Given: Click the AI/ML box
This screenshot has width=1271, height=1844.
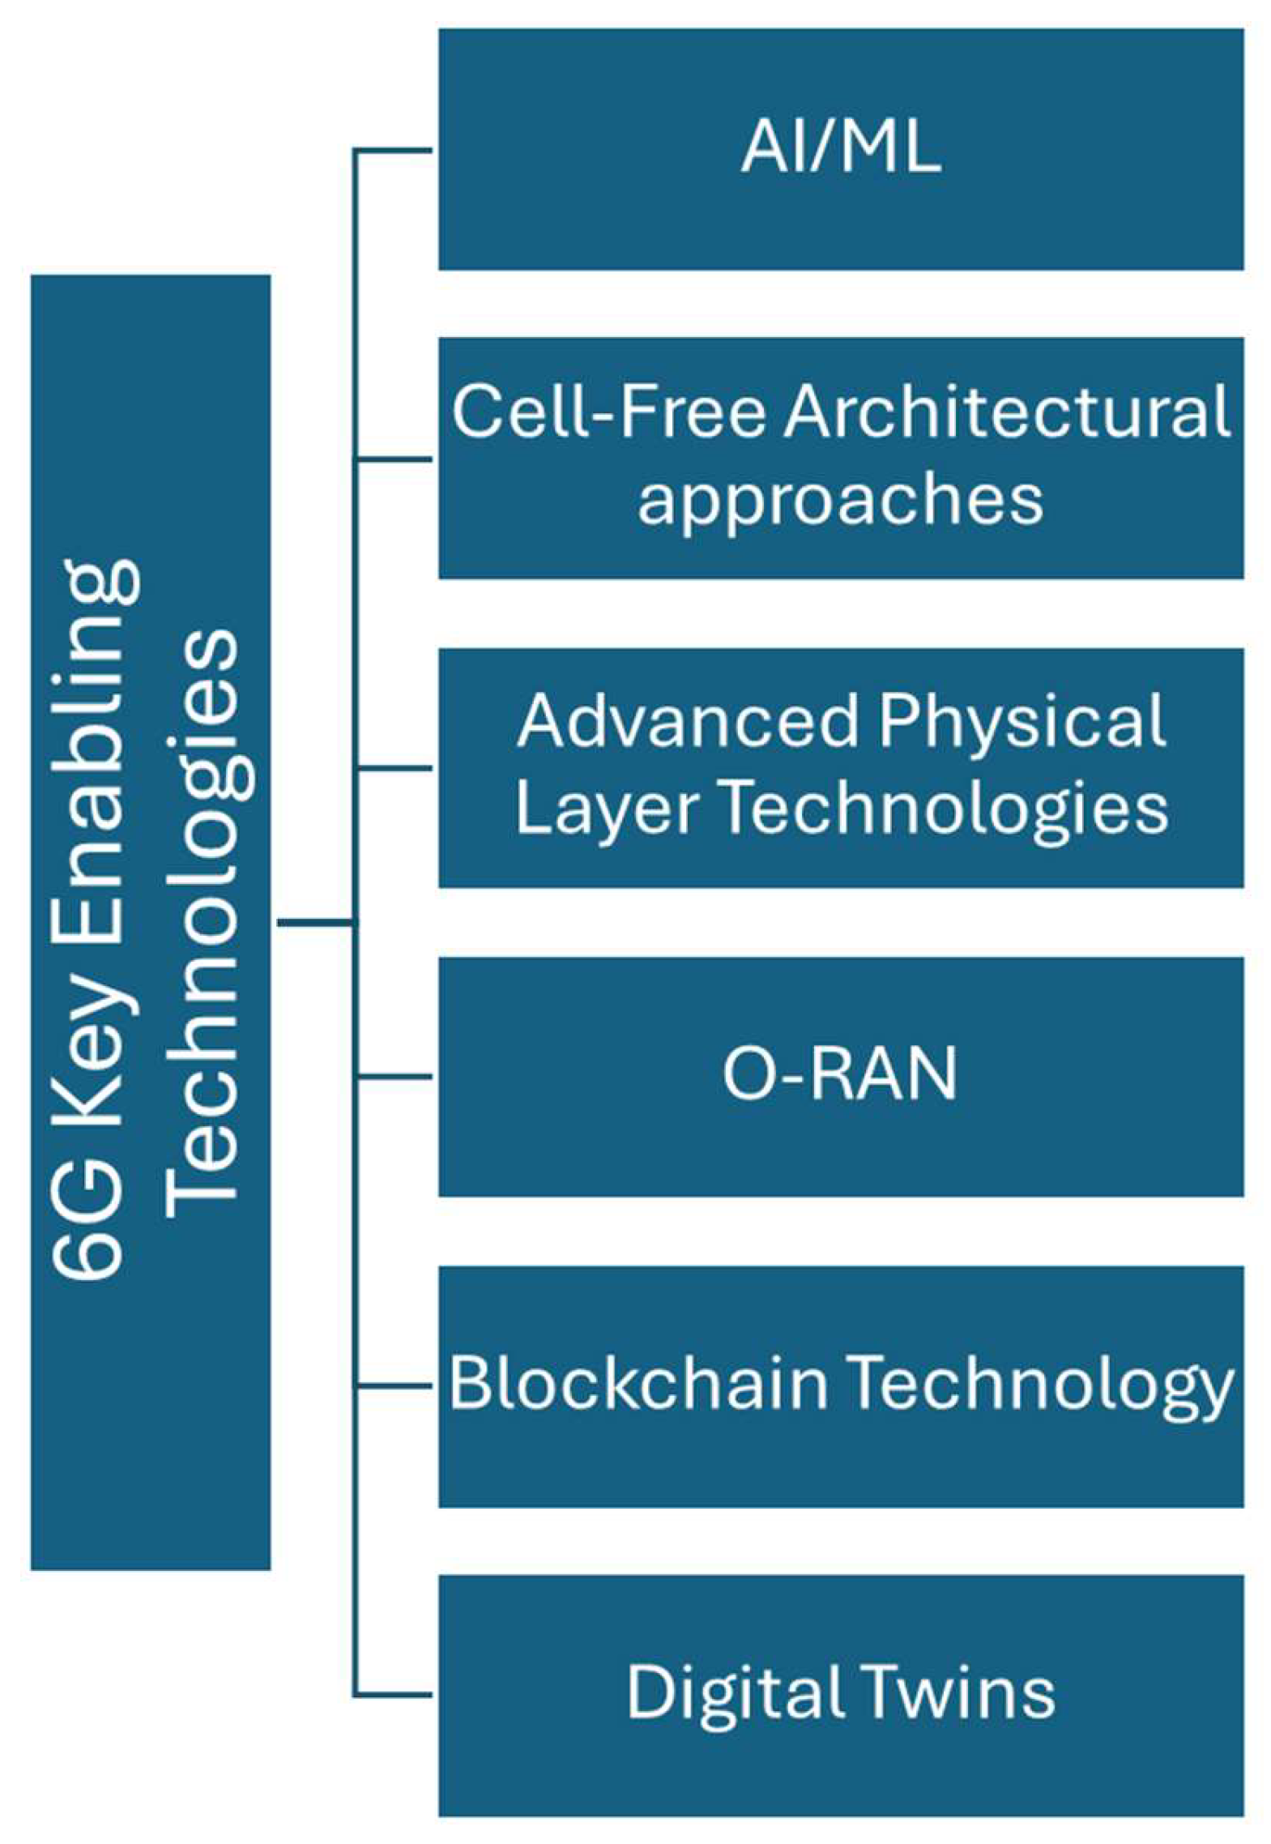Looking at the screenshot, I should pyautogui.click(x=840, y=149).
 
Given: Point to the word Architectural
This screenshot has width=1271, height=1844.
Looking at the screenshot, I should pyautogui.click(x=1006, y=412).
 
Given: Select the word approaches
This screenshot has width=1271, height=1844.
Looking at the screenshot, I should pyautogui.click(x=840, y=501).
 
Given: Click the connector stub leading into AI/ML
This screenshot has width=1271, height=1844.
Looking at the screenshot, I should pyautogui.click(x=394, y=150).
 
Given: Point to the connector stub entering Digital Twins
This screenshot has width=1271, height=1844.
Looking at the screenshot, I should pyautogui.click(x=394, y=1694).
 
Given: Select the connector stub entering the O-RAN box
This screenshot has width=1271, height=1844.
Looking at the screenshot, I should pyautogui.click(x=394, y=1077).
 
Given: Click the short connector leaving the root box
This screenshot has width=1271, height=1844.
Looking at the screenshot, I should pyautogui.click(x=316, y=922).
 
